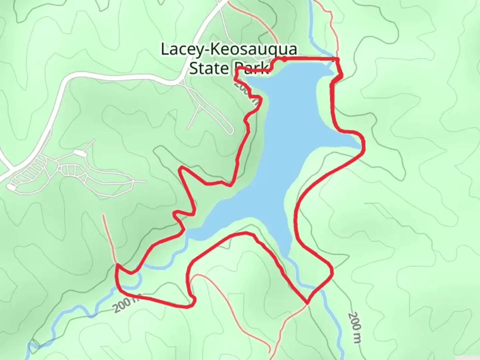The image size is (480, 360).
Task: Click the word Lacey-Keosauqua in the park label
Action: point(229,49)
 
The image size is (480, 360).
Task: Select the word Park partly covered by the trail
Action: point(248,68)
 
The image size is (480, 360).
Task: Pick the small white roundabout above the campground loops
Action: point(80,153)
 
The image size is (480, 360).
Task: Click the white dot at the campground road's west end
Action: point(12,188)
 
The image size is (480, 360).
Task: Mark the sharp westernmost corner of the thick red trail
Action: point(117,265)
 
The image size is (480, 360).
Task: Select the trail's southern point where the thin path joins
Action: point(307,303)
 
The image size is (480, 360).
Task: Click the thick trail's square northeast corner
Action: point(337,59)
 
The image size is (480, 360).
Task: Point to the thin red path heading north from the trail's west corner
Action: point(109,237)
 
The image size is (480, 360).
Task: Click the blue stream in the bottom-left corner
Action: point(33,347)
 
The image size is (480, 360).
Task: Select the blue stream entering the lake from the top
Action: point(313,33)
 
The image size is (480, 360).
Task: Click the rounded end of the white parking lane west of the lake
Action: point(230,132)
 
